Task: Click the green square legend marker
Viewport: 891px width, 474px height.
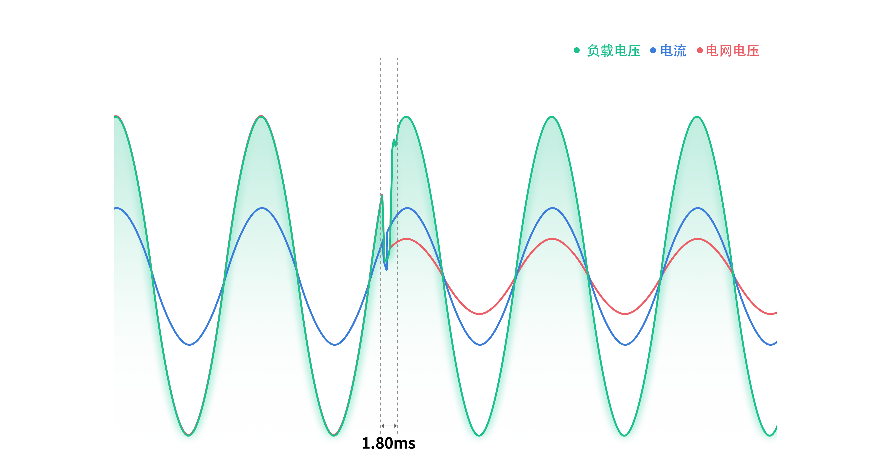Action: tap(577, 50)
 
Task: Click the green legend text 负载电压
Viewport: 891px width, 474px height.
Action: tap(614, 51)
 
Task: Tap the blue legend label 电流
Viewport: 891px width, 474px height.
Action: tap(673, 51)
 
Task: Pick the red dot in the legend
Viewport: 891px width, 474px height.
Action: tap(700, 50)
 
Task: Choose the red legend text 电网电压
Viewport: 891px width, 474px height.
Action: tap(732, 51)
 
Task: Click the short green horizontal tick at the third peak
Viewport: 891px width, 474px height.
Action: tap(409, 116)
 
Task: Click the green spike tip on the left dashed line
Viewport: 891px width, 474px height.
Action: tap(381, 195)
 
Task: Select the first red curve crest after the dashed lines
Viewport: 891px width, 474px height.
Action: tap(407, 239)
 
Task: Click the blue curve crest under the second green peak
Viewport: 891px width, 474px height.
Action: tap(262, 208)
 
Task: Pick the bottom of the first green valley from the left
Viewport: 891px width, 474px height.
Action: tap(189, 434)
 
